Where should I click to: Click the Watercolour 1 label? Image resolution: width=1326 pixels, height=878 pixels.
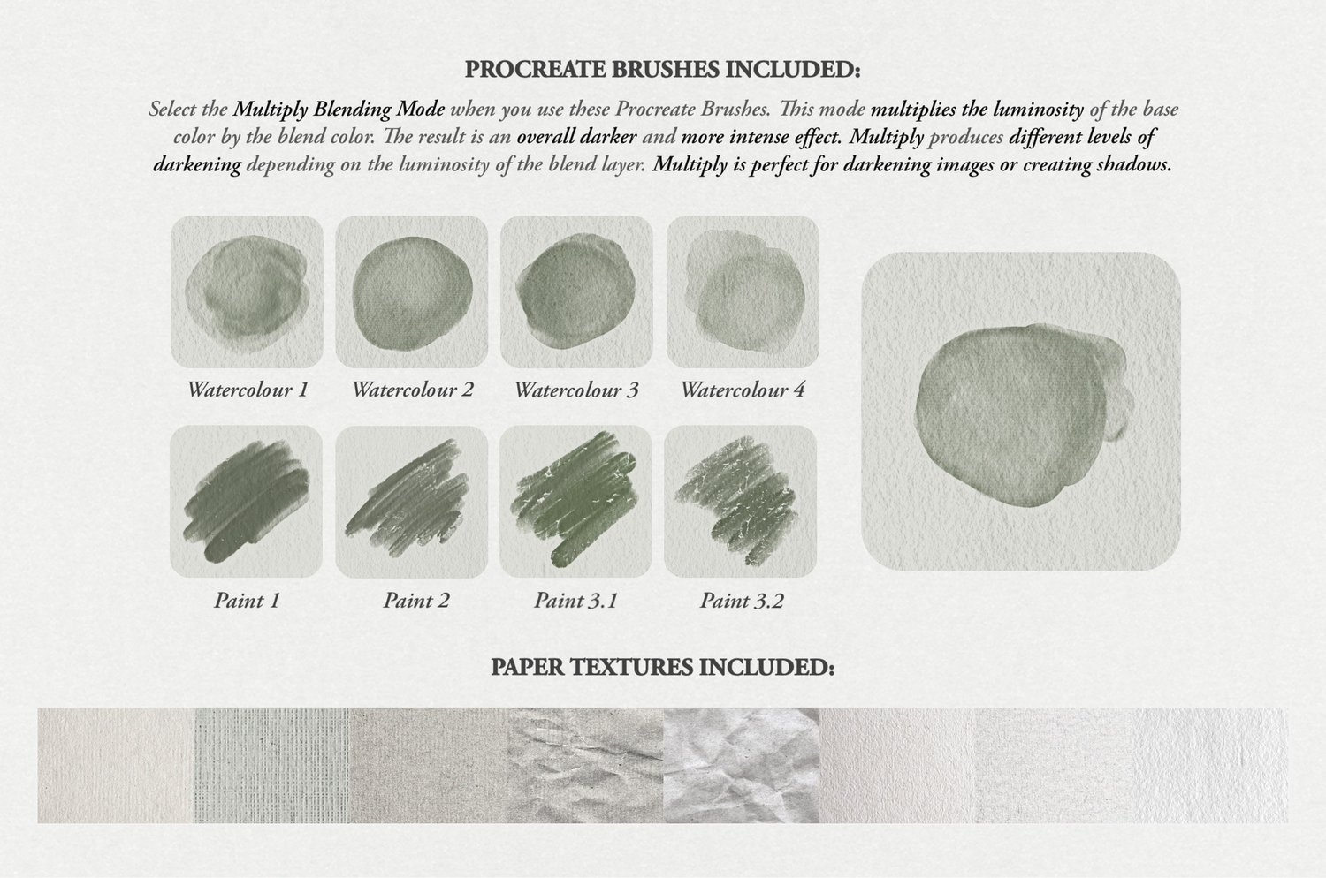(248, 390)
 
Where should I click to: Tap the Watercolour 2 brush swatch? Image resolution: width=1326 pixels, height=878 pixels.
(412, 291)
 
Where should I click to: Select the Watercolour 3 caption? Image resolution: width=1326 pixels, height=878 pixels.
(576, 390)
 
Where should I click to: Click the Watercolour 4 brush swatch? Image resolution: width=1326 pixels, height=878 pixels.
(743, 291)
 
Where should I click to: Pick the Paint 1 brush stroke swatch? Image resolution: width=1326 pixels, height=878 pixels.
(247, 501)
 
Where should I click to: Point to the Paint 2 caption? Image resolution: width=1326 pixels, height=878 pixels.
(416, 601)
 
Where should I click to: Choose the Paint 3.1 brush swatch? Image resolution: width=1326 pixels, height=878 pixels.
(576, 501)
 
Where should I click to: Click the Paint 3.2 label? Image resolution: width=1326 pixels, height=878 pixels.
(742, 601)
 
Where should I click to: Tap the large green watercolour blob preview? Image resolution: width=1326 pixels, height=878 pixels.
(1021, 412)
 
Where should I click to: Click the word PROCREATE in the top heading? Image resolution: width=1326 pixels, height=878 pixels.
(537, 70)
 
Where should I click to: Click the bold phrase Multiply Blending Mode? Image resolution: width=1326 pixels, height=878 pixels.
(339, 110)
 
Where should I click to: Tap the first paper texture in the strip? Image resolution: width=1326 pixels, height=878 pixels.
(116, 766)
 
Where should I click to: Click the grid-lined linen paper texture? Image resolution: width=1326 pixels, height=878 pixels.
(271, 766)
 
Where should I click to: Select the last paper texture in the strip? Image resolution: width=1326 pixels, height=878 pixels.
(1210, 766)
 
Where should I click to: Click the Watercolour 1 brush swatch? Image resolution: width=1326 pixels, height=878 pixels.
(247, 291)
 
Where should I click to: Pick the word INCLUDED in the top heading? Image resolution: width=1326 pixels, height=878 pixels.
(793, 70)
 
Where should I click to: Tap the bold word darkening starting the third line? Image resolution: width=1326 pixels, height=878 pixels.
(197, 165)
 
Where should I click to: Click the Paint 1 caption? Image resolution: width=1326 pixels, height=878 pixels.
(247, 601)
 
